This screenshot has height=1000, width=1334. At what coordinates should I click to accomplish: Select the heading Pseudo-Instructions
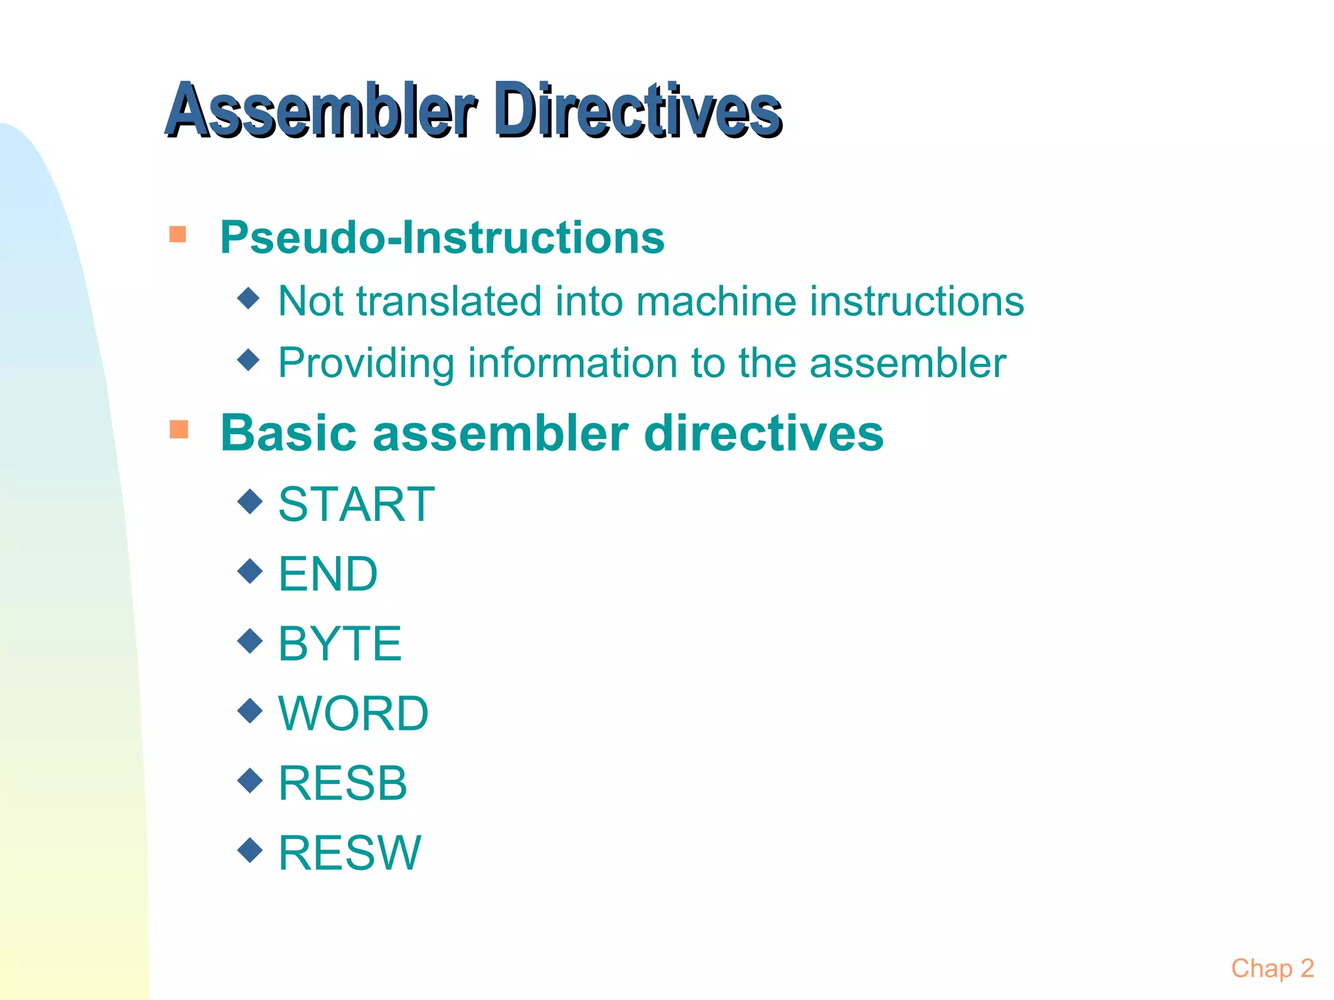(x=442, y=237)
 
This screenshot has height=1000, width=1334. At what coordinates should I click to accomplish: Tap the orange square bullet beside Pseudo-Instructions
(x=178, y=234)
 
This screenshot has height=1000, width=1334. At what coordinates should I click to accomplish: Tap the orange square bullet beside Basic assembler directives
(x=178, y=429)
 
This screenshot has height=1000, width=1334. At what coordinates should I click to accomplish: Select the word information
(x=573, y=363)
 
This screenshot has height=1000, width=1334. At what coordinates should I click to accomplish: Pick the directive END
(x=328, y=574)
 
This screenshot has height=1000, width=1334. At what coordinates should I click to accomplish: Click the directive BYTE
(x=339, y=644)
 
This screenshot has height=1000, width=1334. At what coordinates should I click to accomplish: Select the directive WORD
(x=353, y=714)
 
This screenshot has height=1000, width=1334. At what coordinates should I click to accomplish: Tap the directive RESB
(x=343, y=783)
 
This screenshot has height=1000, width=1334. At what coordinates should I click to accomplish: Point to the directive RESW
(x=350, y=853)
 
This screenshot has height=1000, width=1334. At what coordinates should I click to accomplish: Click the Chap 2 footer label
(x=1272, y=969)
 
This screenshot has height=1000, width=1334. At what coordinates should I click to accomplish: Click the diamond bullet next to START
(x=250, y=501)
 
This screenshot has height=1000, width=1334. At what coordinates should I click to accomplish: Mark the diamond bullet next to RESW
(x=250, y=850)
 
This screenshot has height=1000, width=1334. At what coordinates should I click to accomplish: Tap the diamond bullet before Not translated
(x=249, y=299)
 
